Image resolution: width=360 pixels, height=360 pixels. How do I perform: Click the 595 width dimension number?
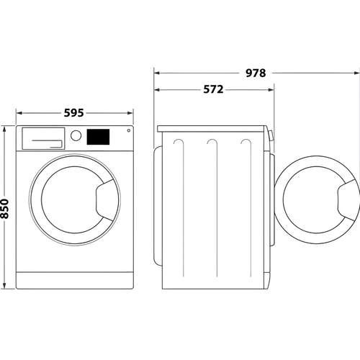pos(75,113)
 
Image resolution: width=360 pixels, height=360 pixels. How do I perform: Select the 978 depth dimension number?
pos(256,73)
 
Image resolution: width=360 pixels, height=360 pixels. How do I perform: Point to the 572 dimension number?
pos(212,90)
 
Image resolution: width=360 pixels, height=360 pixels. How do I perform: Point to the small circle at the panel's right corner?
pos(128,131)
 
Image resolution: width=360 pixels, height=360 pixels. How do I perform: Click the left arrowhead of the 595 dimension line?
pos(19,113)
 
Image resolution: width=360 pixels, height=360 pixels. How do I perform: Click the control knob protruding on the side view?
pos(271,135)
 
